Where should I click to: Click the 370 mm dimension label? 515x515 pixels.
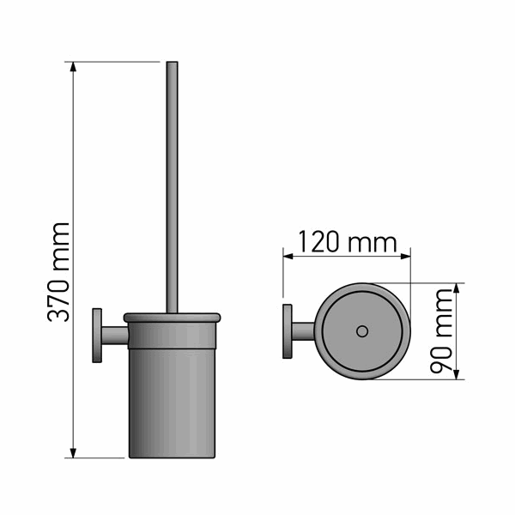(x=58, y=272)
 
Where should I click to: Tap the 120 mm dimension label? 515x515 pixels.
(x=348, y=242)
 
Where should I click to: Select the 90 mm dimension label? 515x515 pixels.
(x=441, y=331)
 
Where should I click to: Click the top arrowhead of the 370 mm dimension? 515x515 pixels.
(x=73, y=67)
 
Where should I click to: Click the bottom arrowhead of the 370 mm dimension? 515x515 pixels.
(x=73, y=453)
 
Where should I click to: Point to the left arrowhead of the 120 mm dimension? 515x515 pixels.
(x=288, y=256)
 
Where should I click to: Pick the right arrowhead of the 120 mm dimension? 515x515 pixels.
(x=406, y=256)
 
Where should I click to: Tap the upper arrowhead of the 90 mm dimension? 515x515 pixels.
(x=456, y=288)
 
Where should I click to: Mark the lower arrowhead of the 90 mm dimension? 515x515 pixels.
(x=456, y=374)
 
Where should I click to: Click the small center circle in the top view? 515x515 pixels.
(x=362, y=331)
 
